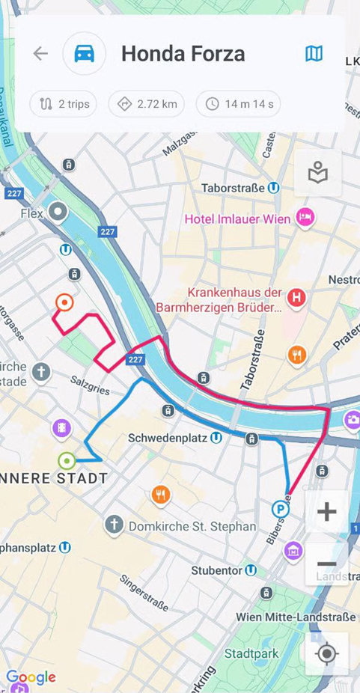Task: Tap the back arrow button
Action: point(40,54)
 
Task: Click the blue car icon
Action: point(84,54)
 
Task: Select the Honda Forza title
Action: point(183,54)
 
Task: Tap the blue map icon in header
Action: point(314,54)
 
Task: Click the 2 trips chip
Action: point(64,104)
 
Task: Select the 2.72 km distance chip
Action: point(147,104)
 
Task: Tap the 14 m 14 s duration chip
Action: point(239,104)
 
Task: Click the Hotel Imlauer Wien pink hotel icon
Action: point(305,217)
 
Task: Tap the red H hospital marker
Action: point(297,298)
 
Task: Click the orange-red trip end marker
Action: point(65,302)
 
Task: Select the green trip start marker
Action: point(67,461)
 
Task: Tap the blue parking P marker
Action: point(280,510)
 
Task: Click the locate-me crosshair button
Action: point(326,653)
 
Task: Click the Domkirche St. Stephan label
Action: point(192,526)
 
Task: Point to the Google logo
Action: point(31,677)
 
